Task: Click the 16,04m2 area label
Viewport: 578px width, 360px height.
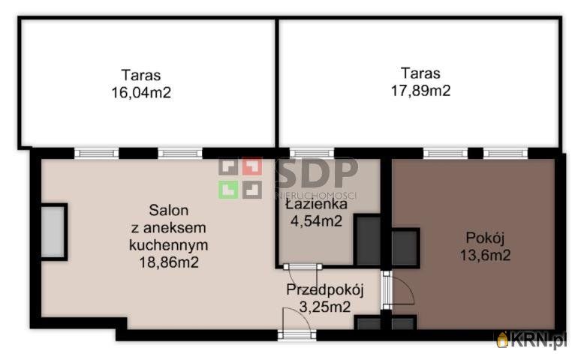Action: click(x=141, y=92)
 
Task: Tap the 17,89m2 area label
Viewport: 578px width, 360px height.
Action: click(x=420, y=91)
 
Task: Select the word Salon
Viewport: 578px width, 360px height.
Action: click(x=169, y=211)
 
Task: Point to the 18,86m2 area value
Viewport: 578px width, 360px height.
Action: click(x=169, y=262)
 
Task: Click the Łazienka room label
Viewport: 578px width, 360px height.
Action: click(x=316, y=204)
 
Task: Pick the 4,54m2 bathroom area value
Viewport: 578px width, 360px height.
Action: click(x=316, y=221)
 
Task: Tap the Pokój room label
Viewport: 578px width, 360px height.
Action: click(x=485, y=238)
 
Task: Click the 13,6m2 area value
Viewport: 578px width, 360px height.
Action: click(x=485, y=255)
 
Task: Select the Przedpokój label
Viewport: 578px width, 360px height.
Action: click(x=325, y=290)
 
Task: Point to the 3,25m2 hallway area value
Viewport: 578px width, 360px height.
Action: click(x=325, y=307)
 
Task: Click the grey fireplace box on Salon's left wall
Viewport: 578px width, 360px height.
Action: click(x=54, y=232)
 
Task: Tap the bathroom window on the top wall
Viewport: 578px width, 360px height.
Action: click(x=312, y=153)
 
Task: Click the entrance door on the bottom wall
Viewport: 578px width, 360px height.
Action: click(x=297, y=334)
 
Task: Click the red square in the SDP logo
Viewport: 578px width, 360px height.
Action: click(x=252, y=166)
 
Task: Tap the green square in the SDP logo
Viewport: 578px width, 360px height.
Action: click(x=228, y=190)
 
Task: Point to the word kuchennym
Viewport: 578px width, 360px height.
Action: click(x=168, y=245)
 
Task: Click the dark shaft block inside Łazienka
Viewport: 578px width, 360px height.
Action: click(x=368, y=240)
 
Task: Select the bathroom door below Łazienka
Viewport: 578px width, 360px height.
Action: click(x=303, y=267)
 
